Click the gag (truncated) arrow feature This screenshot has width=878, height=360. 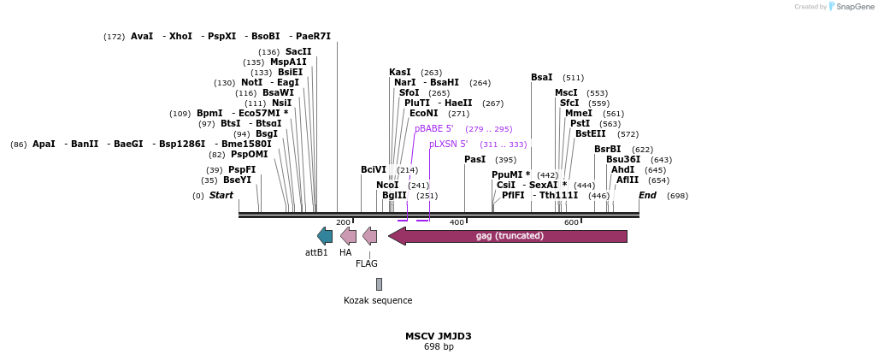click(509, 236)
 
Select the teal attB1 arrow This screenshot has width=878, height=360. click(324, 236)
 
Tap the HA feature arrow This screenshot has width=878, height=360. click(348, 236)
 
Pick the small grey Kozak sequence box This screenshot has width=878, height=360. click(379, 284)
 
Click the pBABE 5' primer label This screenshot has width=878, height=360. click(439, 129)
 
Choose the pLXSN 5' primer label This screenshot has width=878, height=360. click(448, 145)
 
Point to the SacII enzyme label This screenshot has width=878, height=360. click(298, 52)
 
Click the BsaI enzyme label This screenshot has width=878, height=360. click(541, 78)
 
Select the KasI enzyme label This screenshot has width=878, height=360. click(400, 73)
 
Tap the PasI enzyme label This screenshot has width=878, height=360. click(474, 160)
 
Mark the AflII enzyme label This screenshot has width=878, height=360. click(627, 180)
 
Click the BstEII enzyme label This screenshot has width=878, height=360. click(590, 134)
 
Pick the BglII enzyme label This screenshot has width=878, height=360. click(394, 196)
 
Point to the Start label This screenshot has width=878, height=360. click(221, 196)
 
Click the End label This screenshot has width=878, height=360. click(647, 196)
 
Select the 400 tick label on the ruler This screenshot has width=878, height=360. click(457, 222)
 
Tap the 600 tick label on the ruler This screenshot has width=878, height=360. click(571, 222)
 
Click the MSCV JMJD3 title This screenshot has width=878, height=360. click(438, 336)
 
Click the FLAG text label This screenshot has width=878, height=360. click(367, 263)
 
